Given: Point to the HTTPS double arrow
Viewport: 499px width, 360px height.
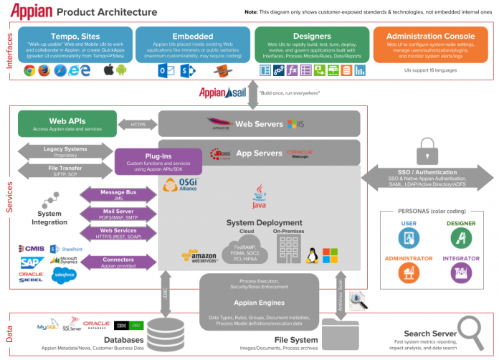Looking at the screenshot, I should point(138,124).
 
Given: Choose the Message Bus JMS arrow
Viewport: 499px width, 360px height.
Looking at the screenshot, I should point(118,194).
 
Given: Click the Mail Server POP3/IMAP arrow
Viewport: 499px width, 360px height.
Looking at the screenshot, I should point(118,214).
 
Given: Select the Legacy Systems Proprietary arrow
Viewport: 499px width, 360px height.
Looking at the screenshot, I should point(65,151).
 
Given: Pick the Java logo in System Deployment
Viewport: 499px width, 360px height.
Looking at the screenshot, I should point(260,194).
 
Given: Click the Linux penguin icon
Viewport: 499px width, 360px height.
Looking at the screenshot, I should point(313,255).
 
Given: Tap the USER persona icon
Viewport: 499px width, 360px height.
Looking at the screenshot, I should point(409,237).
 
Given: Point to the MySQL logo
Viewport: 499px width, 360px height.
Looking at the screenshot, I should point(47,328).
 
